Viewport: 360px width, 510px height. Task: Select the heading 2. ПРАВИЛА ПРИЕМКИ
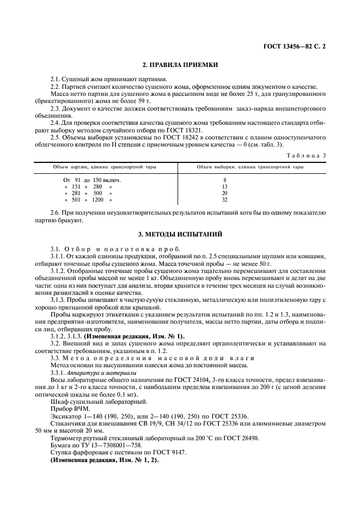point(180,65)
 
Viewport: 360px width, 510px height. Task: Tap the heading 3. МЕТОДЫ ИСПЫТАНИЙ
point(180,234)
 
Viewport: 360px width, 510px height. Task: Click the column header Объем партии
point(105,167)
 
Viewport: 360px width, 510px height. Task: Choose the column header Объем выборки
point(250,167)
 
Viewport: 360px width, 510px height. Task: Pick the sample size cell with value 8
point(224,179)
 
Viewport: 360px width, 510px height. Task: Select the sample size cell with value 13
point(224,186)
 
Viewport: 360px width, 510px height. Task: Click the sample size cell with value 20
point(224,193)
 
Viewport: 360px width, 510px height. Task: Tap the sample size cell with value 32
point(224,200)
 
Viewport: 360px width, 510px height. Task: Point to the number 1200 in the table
point(97,200)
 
